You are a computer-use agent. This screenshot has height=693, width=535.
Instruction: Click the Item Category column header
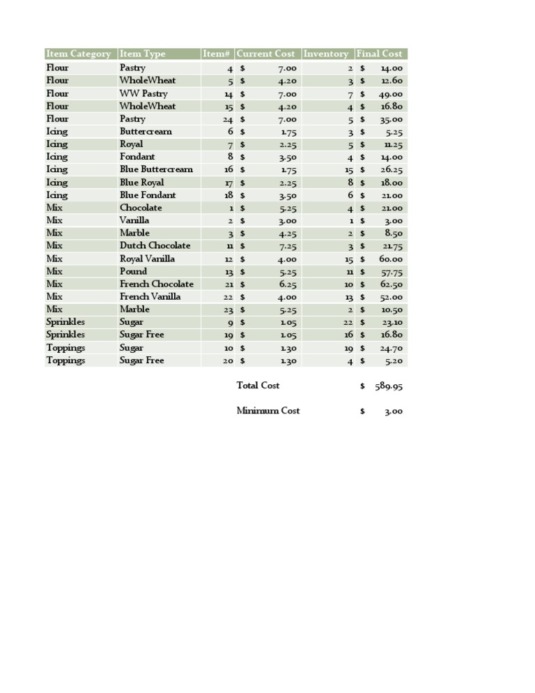pyautogui.click(x=78, y=54)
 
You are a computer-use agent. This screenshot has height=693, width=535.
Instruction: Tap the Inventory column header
pyautogui.click(x=326, y=54)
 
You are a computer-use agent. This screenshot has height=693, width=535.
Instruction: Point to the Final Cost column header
pyautogui.click(x=379, y=54)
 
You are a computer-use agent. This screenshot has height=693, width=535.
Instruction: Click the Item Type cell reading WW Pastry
pyautogui.click(x=144, y=93)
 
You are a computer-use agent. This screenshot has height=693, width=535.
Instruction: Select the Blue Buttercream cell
pyautogui.click(x=156, y=169)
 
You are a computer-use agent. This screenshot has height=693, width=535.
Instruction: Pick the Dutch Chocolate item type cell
pyautogui.click(x=155, y=245)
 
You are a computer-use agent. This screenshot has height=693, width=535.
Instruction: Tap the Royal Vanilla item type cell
pyautogui.click(x=147, y=259)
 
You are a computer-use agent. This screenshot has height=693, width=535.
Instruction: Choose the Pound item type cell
pyautogui.click(x=133, y=271)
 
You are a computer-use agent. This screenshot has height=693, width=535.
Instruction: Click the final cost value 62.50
pyautogui.click(x=391, y=284)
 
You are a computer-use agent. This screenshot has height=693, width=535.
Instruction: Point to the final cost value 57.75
pyautogui.click(x=391, y=272)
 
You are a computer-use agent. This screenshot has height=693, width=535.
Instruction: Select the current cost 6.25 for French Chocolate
pyautogui.click(x=288, y=284)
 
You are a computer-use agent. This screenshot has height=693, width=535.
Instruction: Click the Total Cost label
pyautogui.click(x=258, y=386)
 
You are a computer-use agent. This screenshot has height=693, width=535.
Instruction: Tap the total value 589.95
pyautogui.click(x=388, y=386)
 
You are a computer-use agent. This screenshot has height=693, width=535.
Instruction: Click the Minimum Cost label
pyautogui.click(x=268, y=411)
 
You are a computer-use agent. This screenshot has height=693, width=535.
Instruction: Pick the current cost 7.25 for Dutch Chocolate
pyautogui.click(x=288, y=246)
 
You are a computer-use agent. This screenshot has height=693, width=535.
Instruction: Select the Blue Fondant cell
pyautogui.click(x=148, y=195)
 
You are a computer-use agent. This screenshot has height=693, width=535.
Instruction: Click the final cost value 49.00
pyautogui.click(x=391, y=94)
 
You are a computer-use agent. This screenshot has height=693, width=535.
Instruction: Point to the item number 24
pyautogui.click(x=228, y=119)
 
